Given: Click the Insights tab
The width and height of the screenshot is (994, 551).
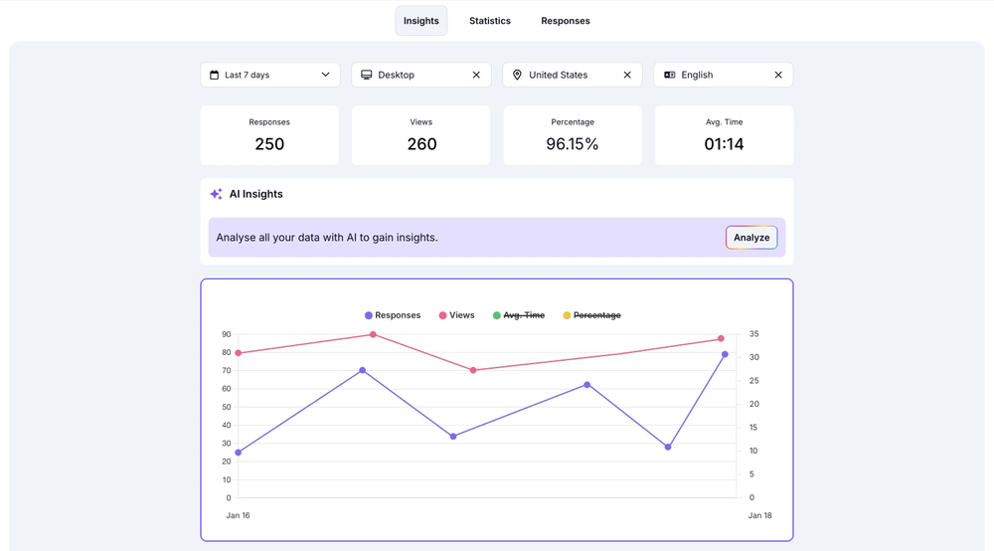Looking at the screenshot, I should coord(420,21).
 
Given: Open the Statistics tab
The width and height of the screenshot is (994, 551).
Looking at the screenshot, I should coord(490,21).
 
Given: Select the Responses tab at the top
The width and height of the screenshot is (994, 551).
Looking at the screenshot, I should coord(566,21).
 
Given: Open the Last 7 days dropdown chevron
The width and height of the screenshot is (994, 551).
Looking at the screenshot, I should coord(325,75).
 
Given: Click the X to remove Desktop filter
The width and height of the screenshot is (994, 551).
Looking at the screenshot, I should coord(476,75).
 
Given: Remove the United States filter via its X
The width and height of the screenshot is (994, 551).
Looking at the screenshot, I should coord(627,75).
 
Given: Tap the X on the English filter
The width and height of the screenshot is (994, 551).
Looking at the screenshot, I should coord(778,75).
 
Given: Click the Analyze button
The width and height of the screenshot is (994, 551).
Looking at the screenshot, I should coord(751,238).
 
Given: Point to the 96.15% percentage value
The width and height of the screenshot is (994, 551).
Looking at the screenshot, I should coord(573,144).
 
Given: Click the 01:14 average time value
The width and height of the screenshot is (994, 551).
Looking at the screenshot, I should coord(724,144).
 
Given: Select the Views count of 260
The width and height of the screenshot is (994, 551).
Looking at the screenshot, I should coord(421,144).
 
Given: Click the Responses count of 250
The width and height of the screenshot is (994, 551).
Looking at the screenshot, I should coord(269,144).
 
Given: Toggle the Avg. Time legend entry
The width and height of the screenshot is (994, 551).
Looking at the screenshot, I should coord(523,315).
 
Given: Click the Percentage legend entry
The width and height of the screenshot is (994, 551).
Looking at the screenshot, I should coord(596,315).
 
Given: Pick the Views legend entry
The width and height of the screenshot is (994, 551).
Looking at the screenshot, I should coord(461,315).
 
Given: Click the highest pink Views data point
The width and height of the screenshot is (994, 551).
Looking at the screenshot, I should coord(373,334).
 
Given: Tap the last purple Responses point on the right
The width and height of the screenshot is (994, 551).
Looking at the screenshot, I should coord(725,354).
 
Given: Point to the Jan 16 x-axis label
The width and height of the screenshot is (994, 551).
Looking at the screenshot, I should coord(238,515).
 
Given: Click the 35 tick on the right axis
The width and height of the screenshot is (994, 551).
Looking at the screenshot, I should coord(753,334).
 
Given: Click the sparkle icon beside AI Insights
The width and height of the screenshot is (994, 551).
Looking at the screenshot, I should coord(216,194).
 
